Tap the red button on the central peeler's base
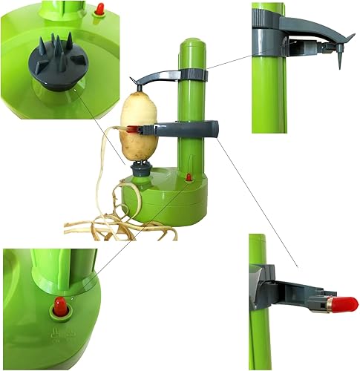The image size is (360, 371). [189, 177]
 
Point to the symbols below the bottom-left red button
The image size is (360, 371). [59, 334]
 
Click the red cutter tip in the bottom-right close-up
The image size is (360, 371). [344, 303]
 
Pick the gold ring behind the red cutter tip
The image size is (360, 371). [328, 303]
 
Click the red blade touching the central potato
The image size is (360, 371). [132, 129]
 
